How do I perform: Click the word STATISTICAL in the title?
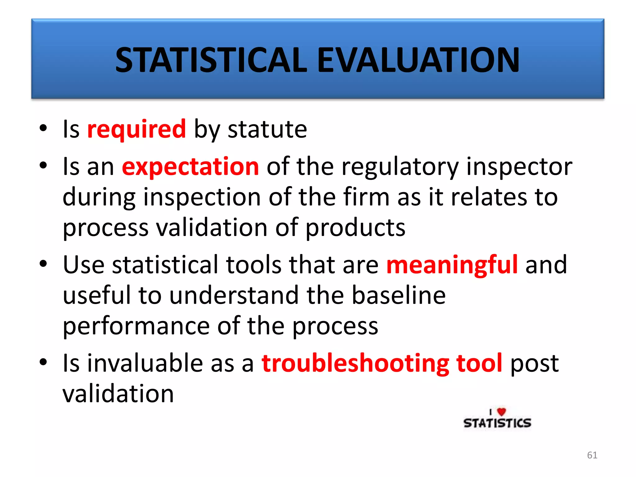tap(211, 60)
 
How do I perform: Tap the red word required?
tap(136, 129)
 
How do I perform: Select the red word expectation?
tap(190, 167)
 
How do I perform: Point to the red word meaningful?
tap(452, 265)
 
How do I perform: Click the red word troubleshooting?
tap(355, 363)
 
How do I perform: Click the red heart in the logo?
tap(501, 412)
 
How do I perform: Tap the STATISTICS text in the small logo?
tap(497, 423)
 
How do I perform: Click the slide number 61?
tap(592, 455)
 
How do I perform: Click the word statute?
tap(267, 129)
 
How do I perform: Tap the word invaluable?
tap(145, 363)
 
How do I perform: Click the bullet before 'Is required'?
tap(43, 128)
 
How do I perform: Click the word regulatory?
tap(400, 167)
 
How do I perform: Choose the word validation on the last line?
tap(118, 394)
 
